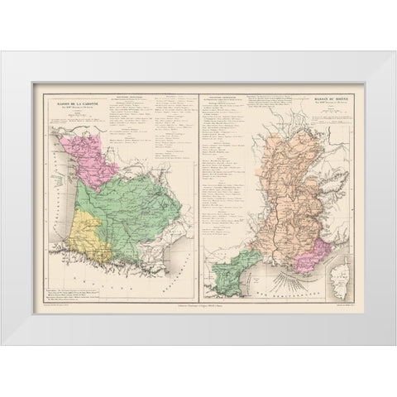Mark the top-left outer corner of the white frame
[2, 52]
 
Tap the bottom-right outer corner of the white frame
[395, 345]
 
